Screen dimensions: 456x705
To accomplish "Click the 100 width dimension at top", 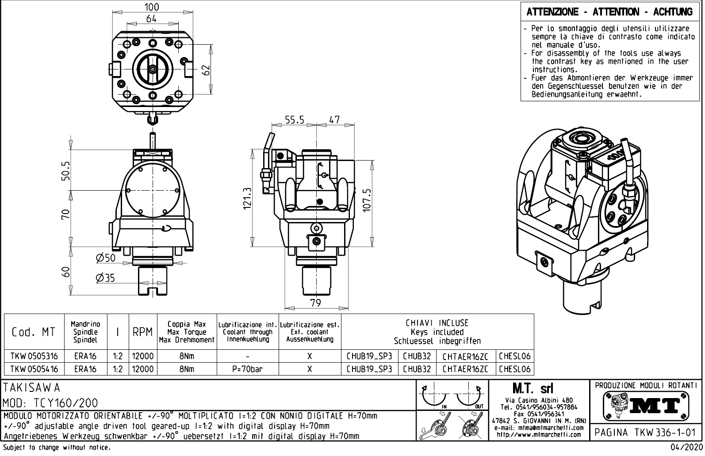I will tap(152, 7).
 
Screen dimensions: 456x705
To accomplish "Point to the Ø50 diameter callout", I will tap(105, 258).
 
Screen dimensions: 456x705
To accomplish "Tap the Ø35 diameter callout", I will tap(105, 278).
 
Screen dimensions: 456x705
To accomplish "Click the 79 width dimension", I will tap(315, 303).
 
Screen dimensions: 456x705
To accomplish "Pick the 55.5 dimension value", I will tap(294, 120).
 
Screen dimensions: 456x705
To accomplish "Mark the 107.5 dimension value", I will tap(367, 200).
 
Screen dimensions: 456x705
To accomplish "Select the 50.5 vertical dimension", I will tap(65, 171).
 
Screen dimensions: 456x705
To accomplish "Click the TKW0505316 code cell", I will tap(34, 356).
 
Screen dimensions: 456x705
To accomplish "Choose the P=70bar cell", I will tap(247, 369).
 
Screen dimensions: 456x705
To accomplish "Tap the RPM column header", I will tap(142, 332).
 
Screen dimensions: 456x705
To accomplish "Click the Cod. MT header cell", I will tap(34, 332).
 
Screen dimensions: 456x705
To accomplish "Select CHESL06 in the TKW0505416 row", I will tap(514, 369).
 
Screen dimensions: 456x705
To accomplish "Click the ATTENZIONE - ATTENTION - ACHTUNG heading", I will tap(609, 12).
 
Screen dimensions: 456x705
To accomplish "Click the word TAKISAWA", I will tap(32, 387).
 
